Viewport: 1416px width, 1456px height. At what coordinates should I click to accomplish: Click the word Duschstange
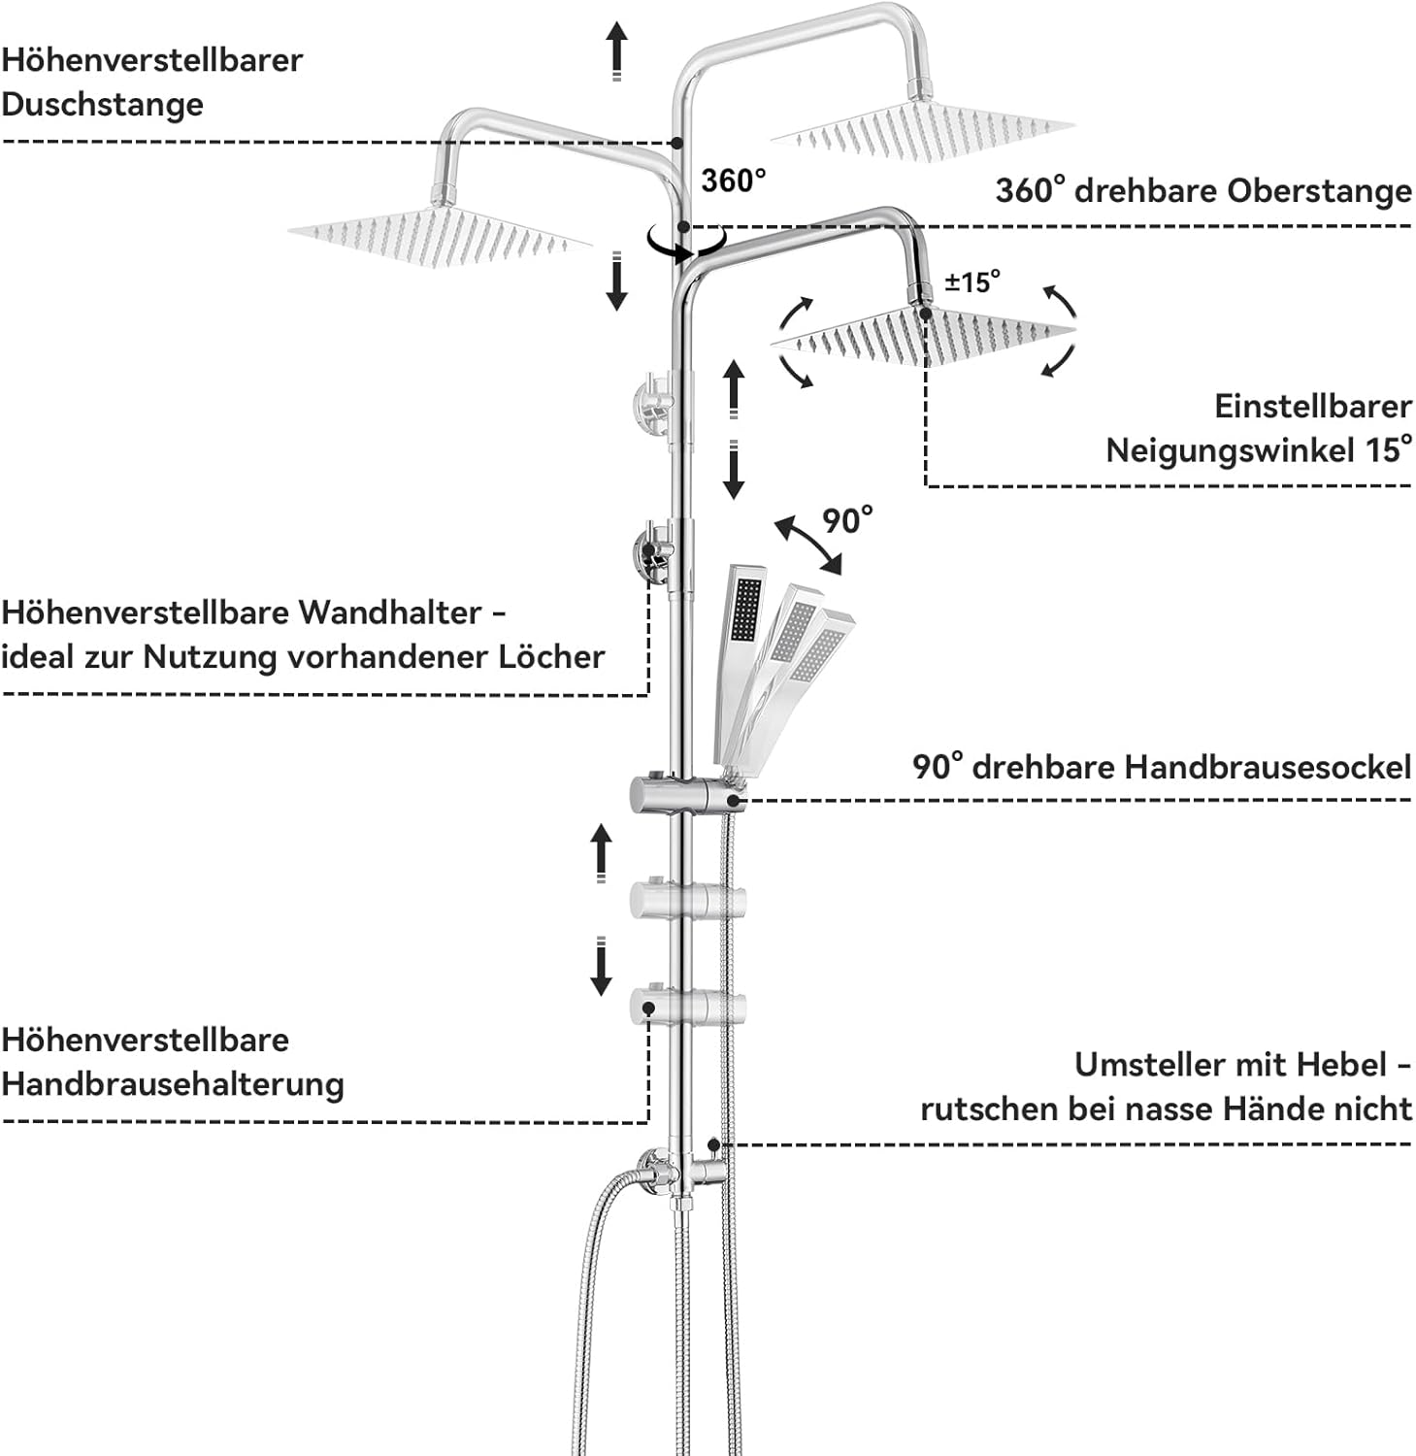pos(102,105)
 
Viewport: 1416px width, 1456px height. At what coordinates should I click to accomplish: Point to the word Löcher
pos(551,657)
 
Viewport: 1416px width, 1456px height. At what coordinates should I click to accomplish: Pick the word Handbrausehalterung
pos(173,1084)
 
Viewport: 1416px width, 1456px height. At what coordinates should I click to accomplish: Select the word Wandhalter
pos(389,612)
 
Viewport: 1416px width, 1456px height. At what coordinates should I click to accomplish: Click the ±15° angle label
pos(971,282)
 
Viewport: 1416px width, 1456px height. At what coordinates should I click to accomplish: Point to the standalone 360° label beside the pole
pos(733,181)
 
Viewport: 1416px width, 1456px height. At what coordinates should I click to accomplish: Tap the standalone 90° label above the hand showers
pos(846,521)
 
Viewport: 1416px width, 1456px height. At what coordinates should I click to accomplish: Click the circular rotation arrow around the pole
pos(686,243)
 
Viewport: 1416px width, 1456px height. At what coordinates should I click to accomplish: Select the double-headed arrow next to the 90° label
pos(807,546)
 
